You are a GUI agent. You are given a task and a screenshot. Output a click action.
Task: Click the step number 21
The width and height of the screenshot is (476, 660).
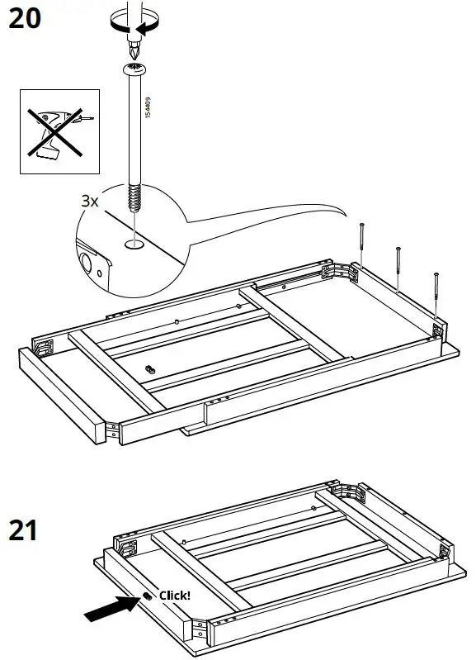(x=24, y=529)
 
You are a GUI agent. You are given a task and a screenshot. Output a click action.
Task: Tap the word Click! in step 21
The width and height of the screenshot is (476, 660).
(x=174, y=595)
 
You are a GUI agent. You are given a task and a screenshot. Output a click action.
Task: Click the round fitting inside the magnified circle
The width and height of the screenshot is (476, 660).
(x=86, y=264)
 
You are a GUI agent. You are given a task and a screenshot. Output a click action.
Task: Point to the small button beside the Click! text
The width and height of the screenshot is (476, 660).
(x=145, y=596)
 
